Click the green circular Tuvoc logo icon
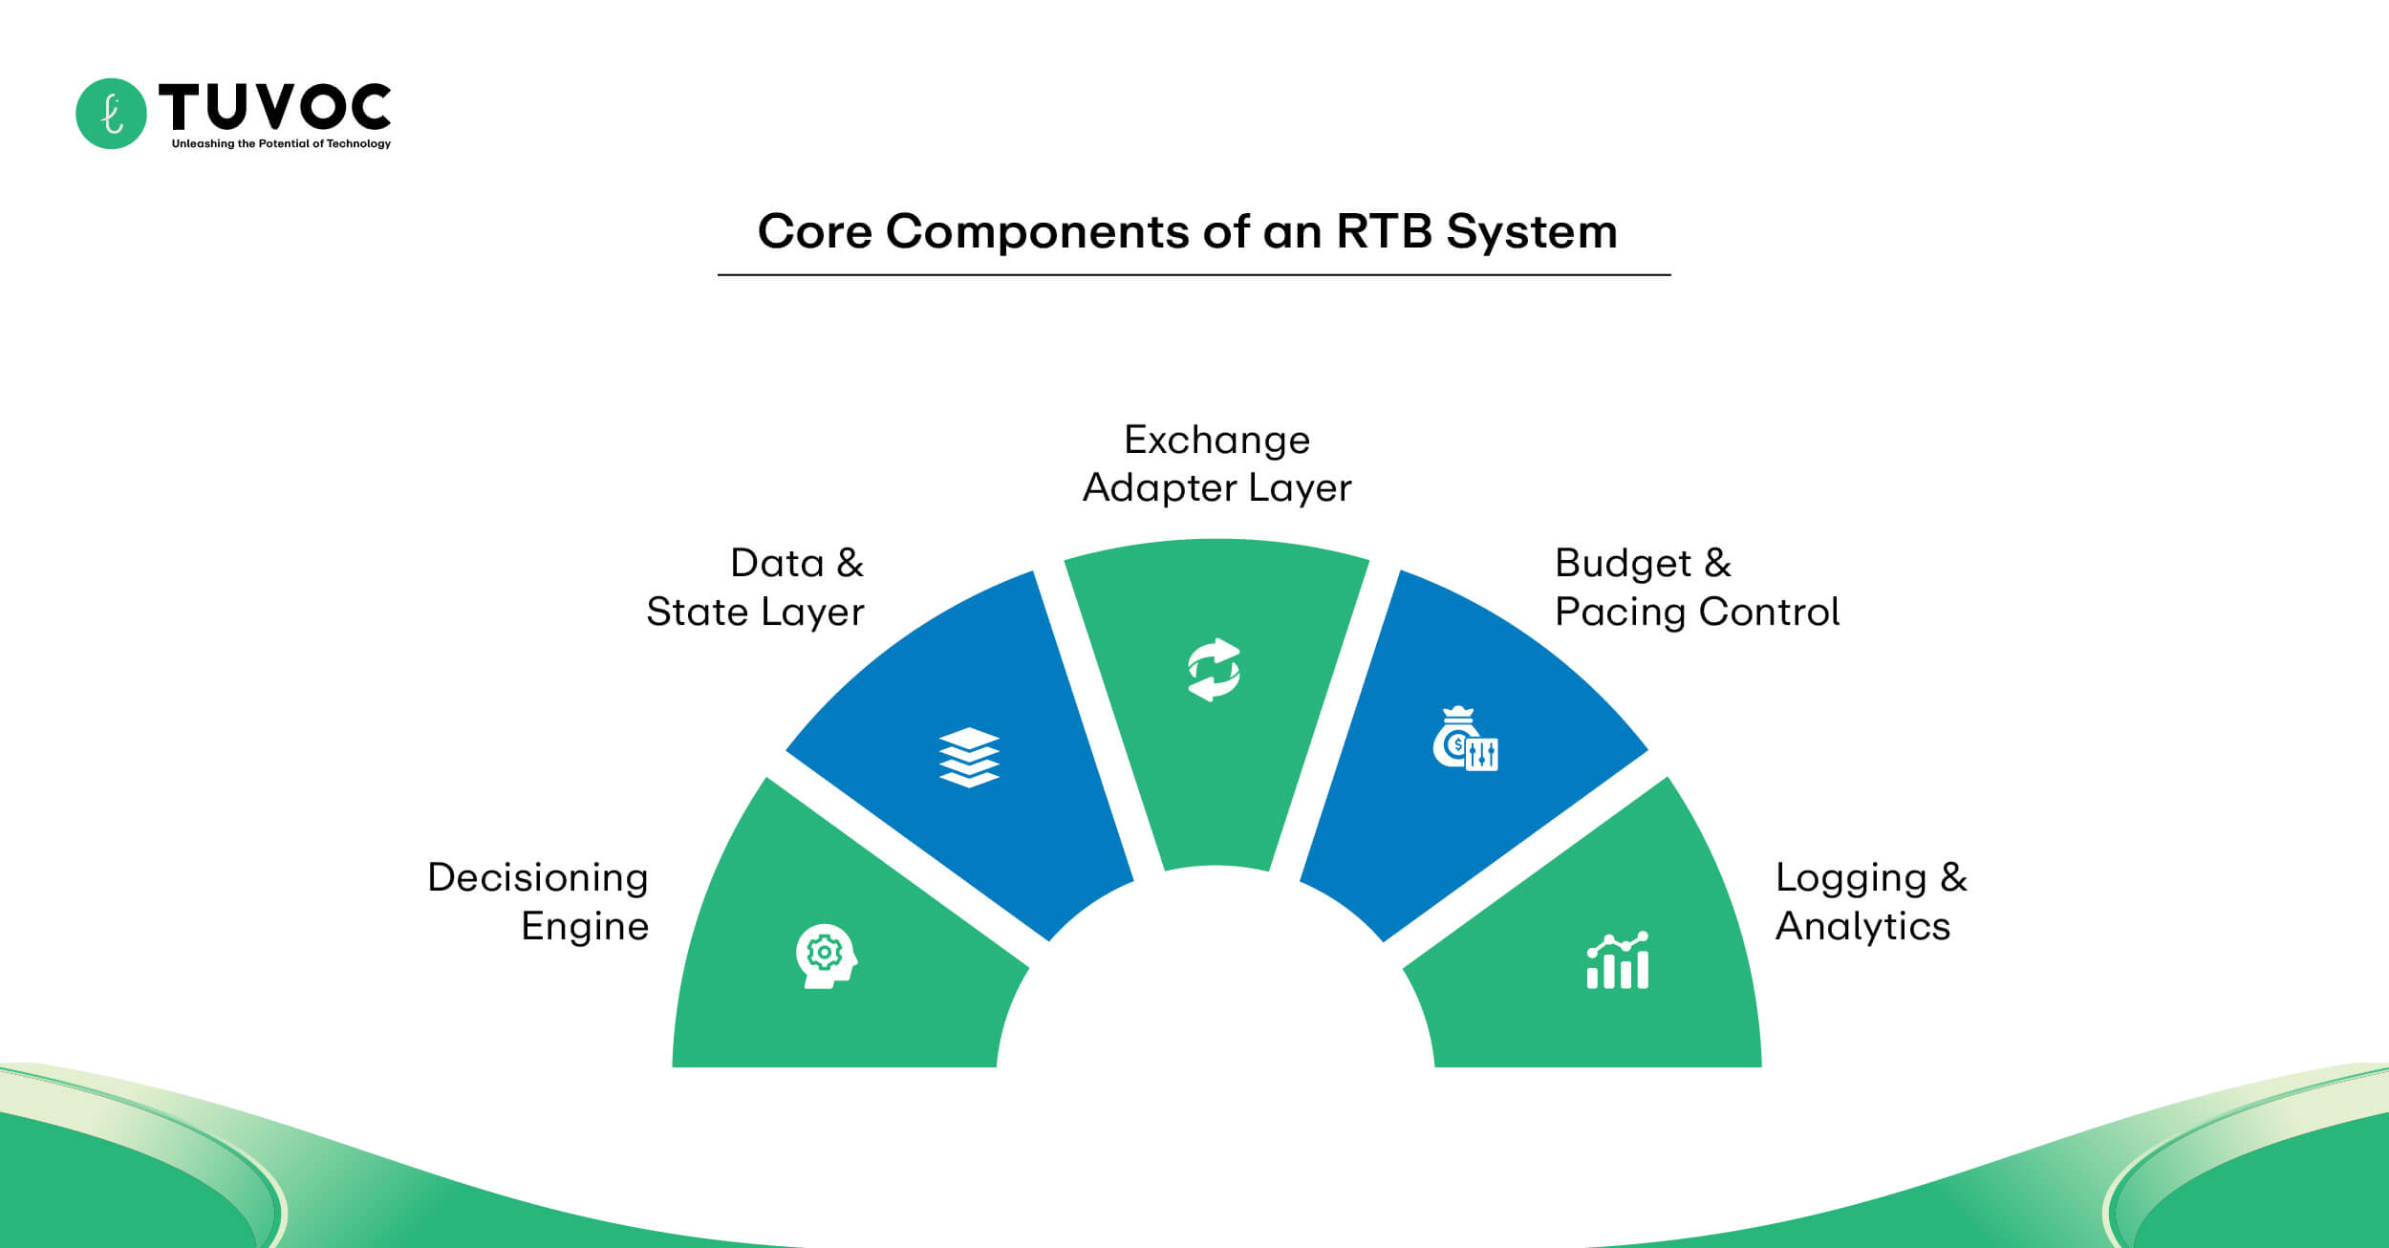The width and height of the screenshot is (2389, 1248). [111, 114]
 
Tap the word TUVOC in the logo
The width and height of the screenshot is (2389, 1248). [274, 106]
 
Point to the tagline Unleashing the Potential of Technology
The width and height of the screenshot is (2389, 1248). [281, 144]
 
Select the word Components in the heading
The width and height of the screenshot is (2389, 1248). [1038, 231]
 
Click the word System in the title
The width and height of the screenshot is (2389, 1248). [1531, 231]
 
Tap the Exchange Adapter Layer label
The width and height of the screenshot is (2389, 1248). [1216, 463]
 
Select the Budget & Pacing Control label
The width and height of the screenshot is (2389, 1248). [1696, 588]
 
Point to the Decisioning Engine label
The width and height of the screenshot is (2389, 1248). [539, 901]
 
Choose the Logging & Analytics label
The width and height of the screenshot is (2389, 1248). [1870, 901]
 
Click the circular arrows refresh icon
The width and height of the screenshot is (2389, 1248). [1214, 670]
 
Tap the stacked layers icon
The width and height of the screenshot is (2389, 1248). [969, 757]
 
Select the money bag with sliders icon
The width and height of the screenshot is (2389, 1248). [1465, 740]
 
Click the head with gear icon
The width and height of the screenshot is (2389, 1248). [826, 956]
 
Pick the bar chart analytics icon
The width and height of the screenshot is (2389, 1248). [1617, 961]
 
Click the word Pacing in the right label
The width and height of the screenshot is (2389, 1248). [1620, 613]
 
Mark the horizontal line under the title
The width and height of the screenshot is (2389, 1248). [1194, 275]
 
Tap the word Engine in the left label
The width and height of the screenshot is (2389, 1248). [585, 926]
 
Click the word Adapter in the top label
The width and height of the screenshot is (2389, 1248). [1158, 488]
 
